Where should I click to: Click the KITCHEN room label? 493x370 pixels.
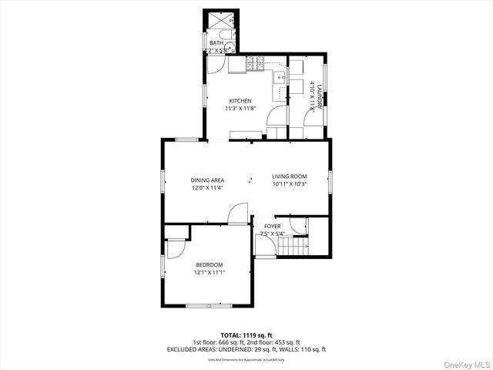pyautogui.click(x=240, y=101)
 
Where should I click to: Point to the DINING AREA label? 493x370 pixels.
pyautogui.click(x=207, y=180)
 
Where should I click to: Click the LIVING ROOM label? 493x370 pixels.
pyautogui.click(x=289, y=177)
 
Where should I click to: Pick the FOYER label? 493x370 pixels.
pyautogui.click(x=272, y=226)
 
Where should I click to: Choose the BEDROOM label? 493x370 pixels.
pyautogui.click(x=209, y=264)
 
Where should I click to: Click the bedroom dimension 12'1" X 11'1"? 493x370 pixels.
pyautogui.click(x=209, y=272)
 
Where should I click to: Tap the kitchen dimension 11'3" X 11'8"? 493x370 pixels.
pyautogui.click(x=240, y=109)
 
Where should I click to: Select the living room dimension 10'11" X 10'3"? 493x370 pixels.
pyautogui.click(x=289, y=184)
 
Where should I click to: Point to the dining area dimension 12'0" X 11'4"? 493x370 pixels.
pyautogui.click(x=207, y=187)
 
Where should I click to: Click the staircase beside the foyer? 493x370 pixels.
pyautogui.click(x=294, y=247)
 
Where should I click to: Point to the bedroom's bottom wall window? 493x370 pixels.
pyautogui.click(x=209, y=306)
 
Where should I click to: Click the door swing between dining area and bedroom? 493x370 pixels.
pyautogui.click(x=240, y=214)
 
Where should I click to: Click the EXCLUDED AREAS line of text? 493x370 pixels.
pyautogui.click(x=246, y=349)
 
